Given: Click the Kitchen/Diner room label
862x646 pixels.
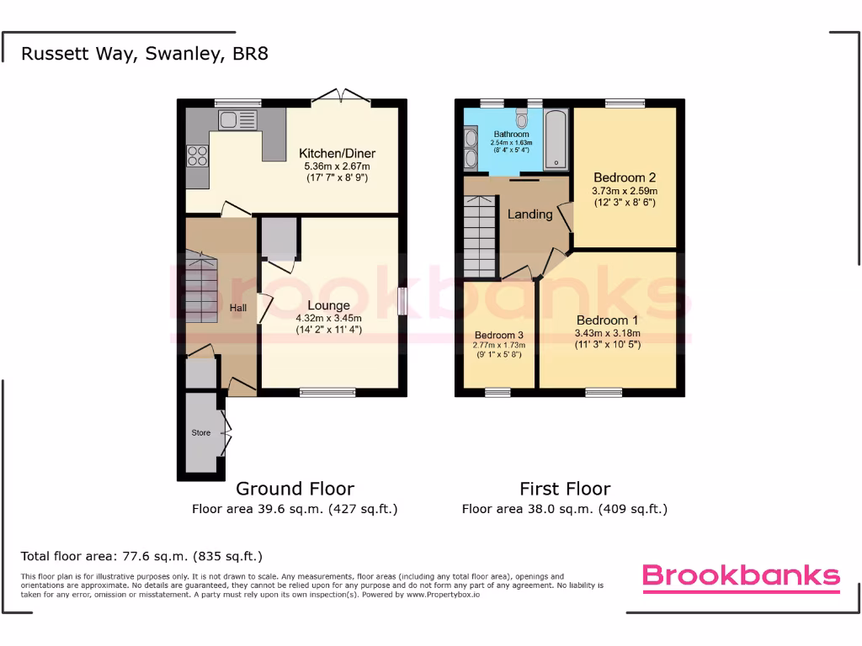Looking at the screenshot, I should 337,154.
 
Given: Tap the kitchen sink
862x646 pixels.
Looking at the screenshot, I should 238,120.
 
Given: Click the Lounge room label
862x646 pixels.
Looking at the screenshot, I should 328,305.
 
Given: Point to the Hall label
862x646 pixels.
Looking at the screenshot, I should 238,309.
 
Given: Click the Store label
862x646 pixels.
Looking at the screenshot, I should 200,433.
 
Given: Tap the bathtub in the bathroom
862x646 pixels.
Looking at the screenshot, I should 556,139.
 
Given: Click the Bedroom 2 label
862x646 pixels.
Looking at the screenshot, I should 625,177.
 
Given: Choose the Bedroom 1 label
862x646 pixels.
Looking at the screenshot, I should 607,320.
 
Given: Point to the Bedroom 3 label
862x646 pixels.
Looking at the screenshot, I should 499,335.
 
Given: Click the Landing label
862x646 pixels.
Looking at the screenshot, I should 529,214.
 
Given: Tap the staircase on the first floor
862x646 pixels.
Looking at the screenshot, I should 481,236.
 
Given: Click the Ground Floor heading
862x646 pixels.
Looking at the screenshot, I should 295,489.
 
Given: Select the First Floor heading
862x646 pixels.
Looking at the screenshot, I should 565,489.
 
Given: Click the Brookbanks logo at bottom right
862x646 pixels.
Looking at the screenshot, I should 741,576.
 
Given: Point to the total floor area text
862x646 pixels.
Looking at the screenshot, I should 141,556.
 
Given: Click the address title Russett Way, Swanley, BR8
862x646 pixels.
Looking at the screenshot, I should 145,54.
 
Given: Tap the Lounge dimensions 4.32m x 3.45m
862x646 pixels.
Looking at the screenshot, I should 328,319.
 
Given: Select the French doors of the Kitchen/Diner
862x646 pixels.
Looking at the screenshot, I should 341,98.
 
